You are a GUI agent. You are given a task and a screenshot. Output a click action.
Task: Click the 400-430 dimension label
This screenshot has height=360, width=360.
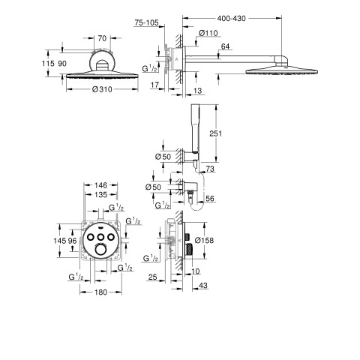tap(231, 19)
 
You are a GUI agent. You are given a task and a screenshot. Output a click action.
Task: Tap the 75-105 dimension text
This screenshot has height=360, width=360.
tap(146, 22)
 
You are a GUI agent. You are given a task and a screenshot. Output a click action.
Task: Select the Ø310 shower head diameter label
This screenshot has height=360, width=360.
tap(102, 89)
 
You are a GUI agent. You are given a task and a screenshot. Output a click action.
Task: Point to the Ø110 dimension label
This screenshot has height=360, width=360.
tap(208, 33)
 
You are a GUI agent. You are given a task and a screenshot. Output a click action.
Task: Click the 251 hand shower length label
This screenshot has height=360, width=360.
tap(215, 133)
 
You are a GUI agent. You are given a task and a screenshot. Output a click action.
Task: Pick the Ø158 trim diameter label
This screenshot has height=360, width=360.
tap(204, 241)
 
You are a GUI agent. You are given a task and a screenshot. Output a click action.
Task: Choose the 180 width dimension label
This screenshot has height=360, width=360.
tap(101, 292)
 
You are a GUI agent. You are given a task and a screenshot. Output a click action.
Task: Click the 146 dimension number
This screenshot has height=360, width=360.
tap(100, 185)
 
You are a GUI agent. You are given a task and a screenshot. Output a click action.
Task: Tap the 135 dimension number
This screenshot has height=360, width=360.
tap(100, 194)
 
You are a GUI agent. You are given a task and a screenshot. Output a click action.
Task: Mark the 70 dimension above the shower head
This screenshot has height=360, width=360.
tap(102, 38)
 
